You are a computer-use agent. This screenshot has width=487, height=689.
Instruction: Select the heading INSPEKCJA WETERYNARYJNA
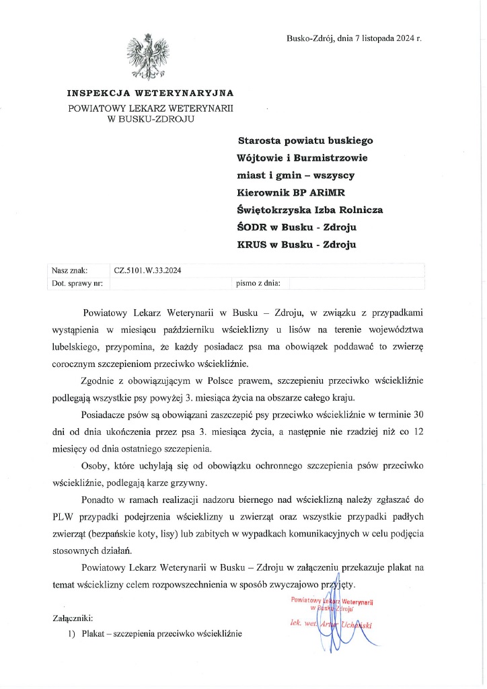pyautogui.click(x=150, y=93)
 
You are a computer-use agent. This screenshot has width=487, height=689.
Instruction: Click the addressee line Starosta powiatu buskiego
pyautogui.click(x=305, y=141)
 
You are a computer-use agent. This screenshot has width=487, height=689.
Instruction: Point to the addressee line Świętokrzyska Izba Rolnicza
pyautogui.click(x=310, y=210)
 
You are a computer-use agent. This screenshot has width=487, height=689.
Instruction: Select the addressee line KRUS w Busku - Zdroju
pyautogui.click(x=297, y=244)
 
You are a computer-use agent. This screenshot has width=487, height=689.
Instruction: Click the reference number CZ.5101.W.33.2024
pyautogui.click(x=149, y=270)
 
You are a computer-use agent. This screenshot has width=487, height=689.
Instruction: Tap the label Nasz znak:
pyautogui.click(x=69, y=270)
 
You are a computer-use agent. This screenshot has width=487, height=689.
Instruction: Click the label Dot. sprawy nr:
pyautogui.click(x=77, y=284)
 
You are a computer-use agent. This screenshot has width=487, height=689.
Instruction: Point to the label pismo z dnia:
pyautogui.click(x=258, y=284)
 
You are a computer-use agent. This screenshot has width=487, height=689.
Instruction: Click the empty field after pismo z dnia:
pyautogui.click(x=357, y=284)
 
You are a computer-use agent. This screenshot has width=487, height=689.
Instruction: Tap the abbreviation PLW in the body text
pyautogui.click(x=63, y=518)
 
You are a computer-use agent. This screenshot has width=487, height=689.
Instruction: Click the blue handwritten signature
pyautogui.click(x=336, y=622)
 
